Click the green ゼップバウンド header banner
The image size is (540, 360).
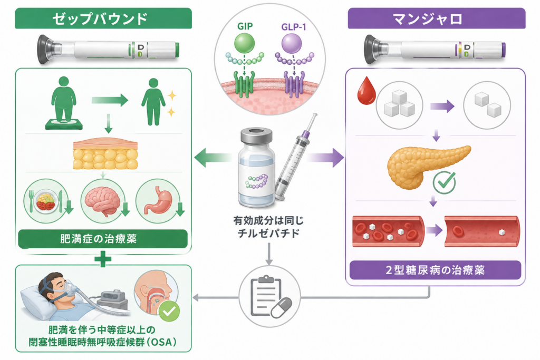click(103, 18)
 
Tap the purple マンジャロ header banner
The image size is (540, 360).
click(436, 18)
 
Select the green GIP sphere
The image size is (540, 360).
click(244, 43)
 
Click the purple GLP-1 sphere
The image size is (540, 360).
click(291, 44)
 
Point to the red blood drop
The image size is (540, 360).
click(366, 91)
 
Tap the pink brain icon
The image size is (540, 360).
click(103, 201)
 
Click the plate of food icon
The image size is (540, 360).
click(46, 201)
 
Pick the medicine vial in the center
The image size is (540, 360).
click(257, 168)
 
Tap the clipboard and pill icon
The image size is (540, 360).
click(269, 296)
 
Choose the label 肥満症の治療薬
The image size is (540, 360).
click(99, 239)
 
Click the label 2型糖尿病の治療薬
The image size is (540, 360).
click(435, 270)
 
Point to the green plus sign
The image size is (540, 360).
click(103, 259)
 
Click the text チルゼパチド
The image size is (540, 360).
click(268, 233)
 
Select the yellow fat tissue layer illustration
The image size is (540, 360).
click(105, 154)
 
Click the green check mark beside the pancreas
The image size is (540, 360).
click(444, 182)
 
